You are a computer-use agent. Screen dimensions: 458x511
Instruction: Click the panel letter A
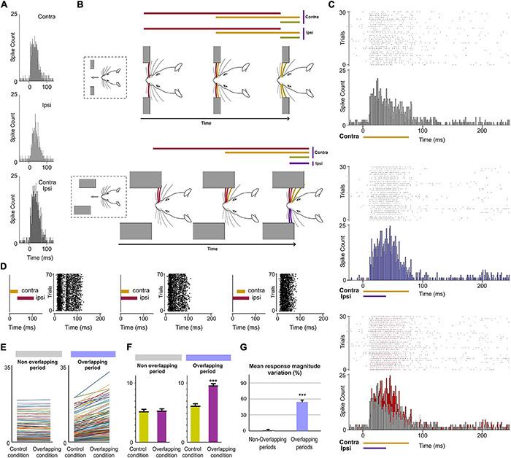click(4, 5)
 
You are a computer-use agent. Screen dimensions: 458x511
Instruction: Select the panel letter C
click(332, 5)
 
